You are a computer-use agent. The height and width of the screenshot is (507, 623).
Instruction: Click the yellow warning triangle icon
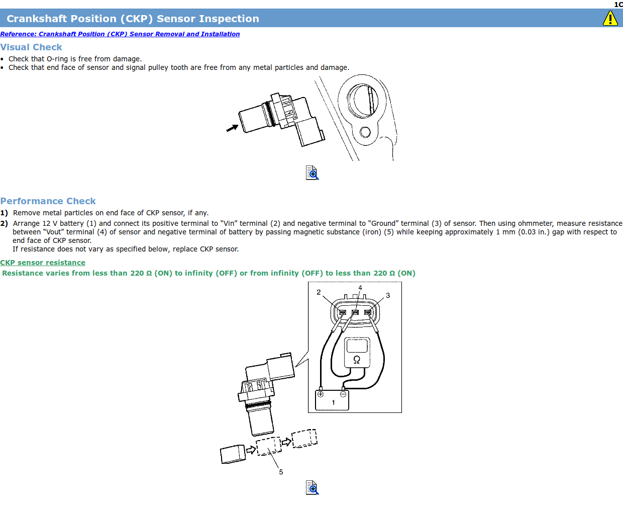[x=610, y=19]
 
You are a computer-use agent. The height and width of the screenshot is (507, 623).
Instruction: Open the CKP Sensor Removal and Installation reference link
[x=120, y=34]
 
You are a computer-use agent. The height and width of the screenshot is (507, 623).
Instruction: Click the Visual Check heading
[x=31, y=47]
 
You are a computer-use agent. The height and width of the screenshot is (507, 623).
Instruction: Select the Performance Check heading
[x=48, y=201]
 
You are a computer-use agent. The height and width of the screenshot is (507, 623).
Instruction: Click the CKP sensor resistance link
[x=43, y=263]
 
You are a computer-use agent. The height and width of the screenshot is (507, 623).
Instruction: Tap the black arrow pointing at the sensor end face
[x=232, y=128]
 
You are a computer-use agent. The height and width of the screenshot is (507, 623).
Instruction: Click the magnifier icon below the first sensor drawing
[x=312, y=173]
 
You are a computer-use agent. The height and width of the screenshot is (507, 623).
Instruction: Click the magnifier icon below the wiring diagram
[x=312, y=487]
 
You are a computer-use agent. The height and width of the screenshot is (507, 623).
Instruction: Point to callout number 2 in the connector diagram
[x=319, y=292]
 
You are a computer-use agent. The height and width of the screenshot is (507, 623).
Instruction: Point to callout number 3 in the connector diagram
[x=388, y=295]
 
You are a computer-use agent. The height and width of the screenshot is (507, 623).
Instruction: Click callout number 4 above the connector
[x=360, y=288]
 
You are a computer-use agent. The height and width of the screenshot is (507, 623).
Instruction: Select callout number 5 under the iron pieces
[x=281, y=472]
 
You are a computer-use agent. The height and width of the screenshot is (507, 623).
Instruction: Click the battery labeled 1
[x=332, y=400]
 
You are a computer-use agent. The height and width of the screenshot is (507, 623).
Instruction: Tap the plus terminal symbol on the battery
[x=321, y=394]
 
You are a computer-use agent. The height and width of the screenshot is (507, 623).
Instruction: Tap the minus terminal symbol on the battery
[x=343, y=394]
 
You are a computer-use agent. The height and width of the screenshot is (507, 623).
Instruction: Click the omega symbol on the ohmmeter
[x=357, y=360]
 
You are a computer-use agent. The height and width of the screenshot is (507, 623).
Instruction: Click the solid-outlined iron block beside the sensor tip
[x=233, y=454]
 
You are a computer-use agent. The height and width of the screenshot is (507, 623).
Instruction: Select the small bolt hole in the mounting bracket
[x=365, y=132]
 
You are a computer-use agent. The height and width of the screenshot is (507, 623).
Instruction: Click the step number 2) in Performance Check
[x=4, y=224]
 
